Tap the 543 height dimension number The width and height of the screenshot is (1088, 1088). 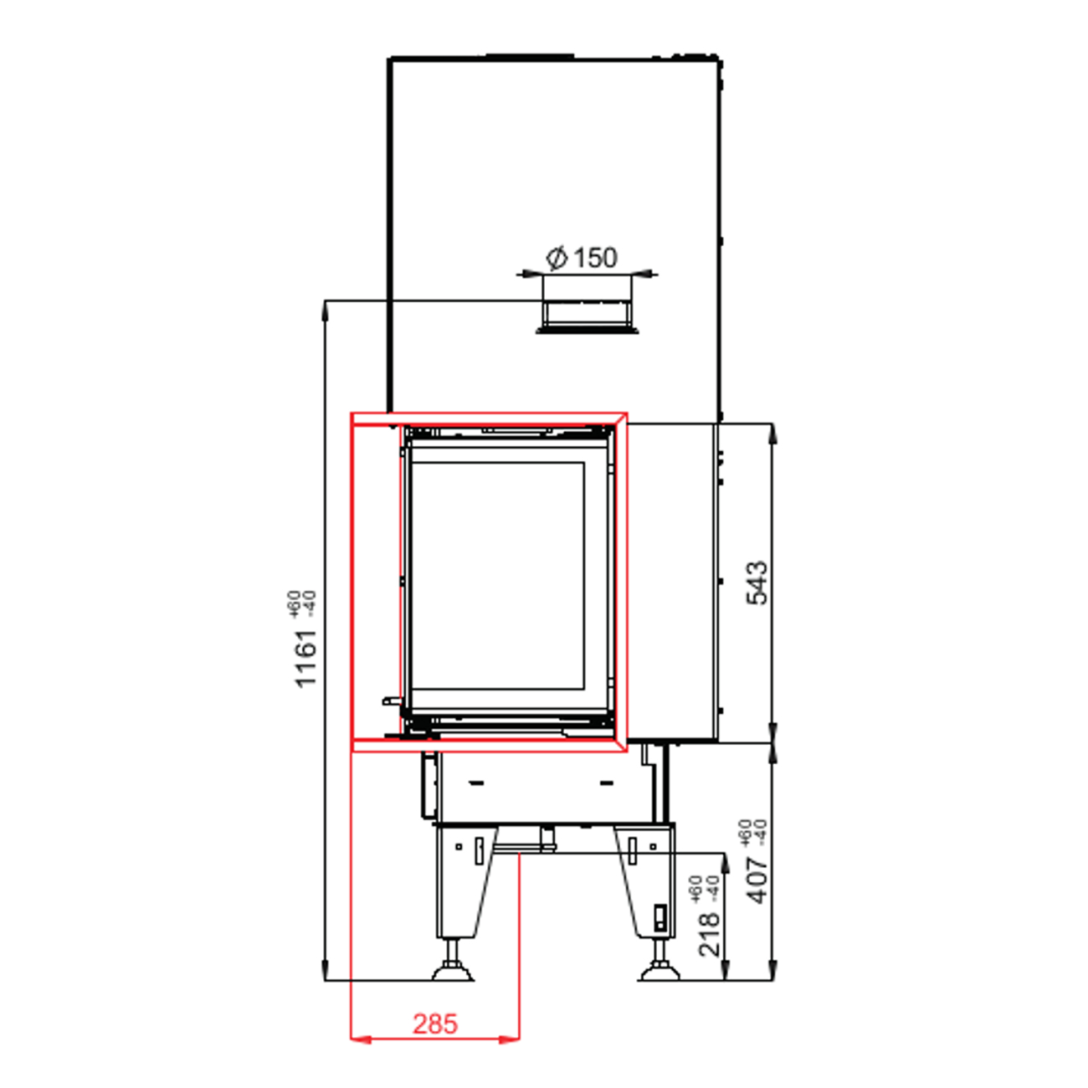point(757,582)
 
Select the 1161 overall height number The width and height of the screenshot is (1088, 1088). point(306,659)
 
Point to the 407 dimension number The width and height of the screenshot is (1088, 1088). point(757,880)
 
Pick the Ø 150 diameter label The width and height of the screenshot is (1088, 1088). point(582,258)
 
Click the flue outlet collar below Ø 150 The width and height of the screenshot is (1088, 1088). point(587,317)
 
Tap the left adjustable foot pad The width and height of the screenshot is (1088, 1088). point(452,973)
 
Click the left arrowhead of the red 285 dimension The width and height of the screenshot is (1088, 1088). point(361,1039)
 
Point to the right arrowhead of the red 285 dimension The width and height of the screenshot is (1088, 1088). point(509,1039)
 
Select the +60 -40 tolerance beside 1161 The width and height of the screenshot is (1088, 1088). point(301,603)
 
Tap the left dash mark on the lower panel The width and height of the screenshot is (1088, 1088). point(477,783)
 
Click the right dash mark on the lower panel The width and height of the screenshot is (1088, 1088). point(607,783)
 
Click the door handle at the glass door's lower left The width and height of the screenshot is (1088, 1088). point(392,701)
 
